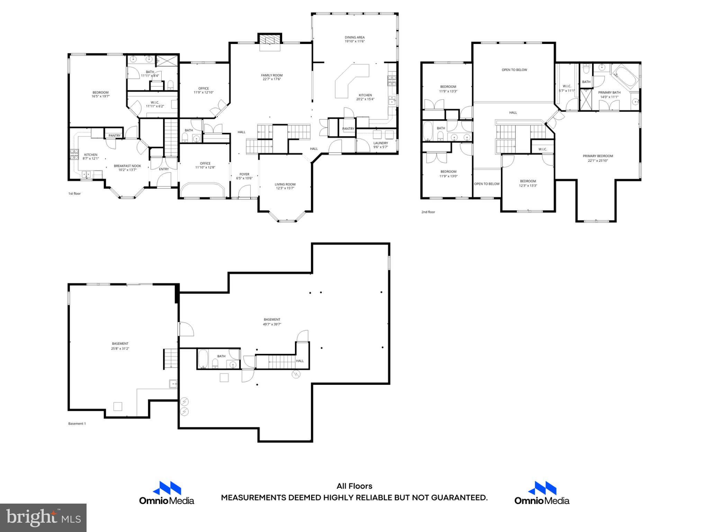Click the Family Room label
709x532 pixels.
[272, 75]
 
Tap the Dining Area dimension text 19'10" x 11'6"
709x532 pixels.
[354, 42]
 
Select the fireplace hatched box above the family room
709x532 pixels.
[270, 39]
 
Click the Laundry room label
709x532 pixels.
[380, 143]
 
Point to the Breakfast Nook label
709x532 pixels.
[127, 166]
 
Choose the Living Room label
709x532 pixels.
[285, 184]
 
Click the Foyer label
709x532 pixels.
[244, 174]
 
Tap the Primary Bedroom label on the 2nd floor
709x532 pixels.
[598, 156]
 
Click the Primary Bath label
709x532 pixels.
[609, 92]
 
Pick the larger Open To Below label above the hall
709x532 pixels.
[514, 70]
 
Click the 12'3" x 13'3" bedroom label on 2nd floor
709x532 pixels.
[528, 181]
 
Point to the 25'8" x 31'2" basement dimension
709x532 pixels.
[120, 349]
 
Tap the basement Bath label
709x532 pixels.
[221, 356]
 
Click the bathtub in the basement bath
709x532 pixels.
[203, 359]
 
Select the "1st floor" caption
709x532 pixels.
[74, 194]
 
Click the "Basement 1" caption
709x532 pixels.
[77, 424]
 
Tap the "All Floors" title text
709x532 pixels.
[354, 486]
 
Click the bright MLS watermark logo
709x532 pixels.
[43, 517]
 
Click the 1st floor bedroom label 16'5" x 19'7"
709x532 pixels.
[100, 92]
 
